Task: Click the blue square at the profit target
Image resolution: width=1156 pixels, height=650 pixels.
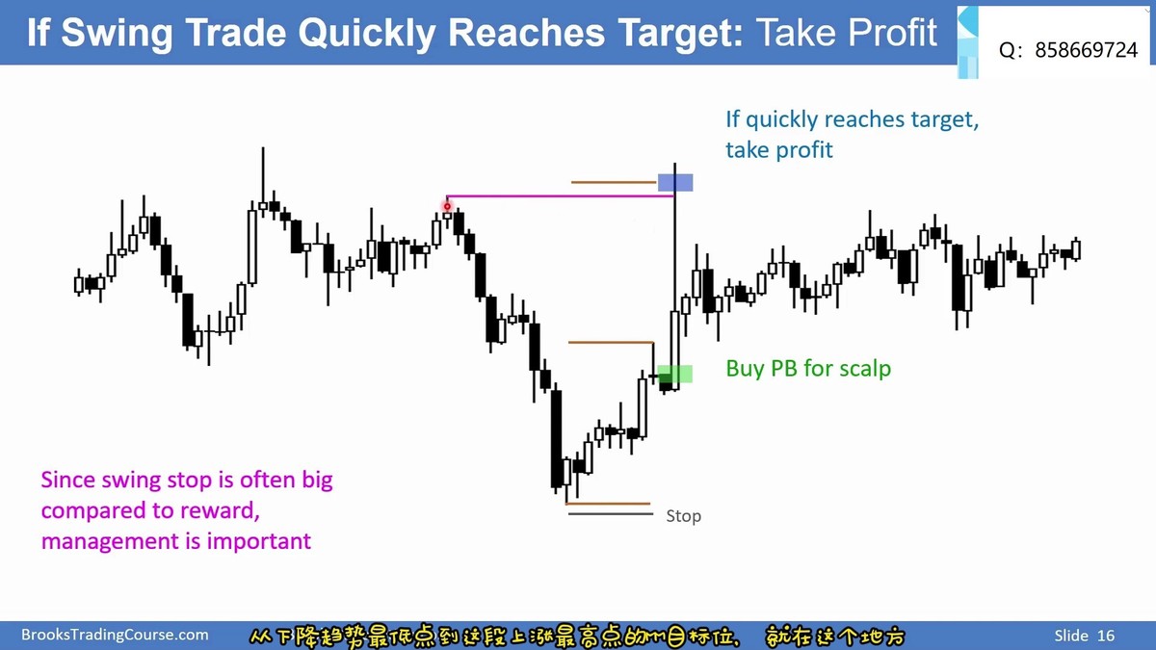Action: tap(675, 183)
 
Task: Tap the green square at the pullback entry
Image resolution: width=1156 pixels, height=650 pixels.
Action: tap(675, 374)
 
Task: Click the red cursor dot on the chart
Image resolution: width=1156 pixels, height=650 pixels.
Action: tap(447, 207)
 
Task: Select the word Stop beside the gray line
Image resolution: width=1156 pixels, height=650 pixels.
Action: tap(683, 516)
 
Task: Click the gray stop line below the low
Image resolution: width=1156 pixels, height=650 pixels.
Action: tap(611, 514)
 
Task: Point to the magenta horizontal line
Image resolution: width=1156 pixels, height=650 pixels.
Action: tap(561, 196)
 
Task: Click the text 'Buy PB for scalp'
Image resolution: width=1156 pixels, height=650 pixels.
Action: tap(808, 369)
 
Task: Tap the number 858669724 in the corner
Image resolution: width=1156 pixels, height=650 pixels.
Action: tap(1087, 50)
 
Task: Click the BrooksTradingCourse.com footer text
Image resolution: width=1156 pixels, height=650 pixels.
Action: tap(115, 635)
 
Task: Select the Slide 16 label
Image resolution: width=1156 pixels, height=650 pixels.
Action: tap(1085, 635)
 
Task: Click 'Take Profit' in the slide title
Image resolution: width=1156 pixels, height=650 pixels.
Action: tap(847, 33)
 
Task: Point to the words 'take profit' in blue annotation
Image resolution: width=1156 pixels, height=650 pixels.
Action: tap(779, 150)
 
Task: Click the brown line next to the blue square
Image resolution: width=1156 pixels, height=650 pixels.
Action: tap(613, 182)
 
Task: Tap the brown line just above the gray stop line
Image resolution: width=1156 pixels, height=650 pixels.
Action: tap(608, 504)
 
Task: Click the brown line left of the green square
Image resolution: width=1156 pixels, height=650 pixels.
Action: tap(611, 342)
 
